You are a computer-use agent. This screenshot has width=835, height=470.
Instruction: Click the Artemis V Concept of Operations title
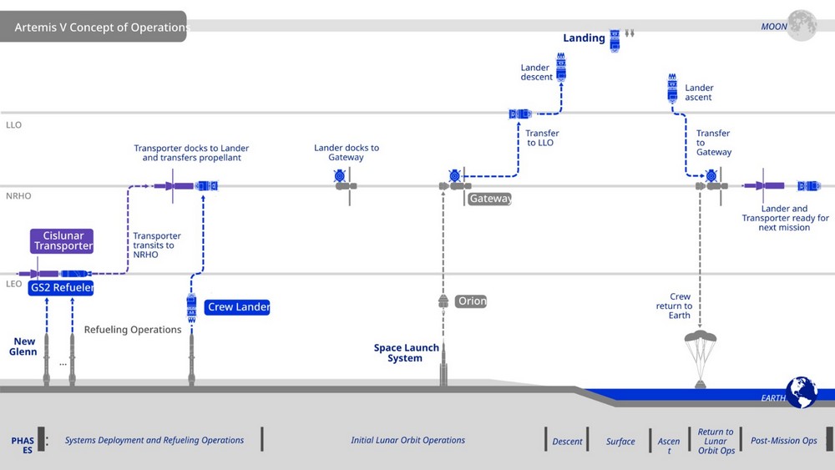pyautogui.click(x=101, y=28)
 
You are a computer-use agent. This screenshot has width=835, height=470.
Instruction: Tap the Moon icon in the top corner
pyautogui.click(x=802, y=25)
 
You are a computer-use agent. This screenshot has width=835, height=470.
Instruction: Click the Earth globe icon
pyautogui.click(x=802, y=392)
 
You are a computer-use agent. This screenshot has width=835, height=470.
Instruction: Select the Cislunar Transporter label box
pyautogui.click(x=63, y=241)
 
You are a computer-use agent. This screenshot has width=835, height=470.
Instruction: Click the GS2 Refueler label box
pyautogui.click(x=62, y=287)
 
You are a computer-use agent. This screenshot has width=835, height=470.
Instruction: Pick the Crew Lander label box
pyautogui.click(x=238, y=307)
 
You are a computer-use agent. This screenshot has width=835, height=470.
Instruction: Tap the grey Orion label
pyautogui.click(x=472, y=301)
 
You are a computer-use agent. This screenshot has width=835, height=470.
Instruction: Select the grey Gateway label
pyautogui.click(x=490, y=199)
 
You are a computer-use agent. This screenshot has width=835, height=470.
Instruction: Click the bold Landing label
pyautogui.click(x=584, y=38)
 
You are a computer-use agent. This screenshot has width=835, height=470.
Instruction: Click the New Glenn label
pyautogui.click(x=24, y=346)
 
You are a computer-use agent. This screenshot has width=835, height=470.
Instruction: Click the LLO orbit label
pyautogui.click(x=13, y=125)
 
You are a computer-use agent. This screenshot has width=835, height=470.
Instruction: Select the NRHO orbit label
pyautogui.click(x=18, y=196)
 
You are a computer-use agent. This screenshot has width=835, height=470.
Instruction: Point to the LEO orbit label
pyautogui.click(x=13, y=285)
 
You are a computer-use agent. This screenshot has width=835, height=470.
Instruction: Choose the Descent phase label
pyautogui.click(x=567, y=442)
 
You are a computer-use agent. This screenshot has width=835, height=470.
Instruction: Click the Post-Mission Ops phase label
pyautogui.click(x=783, y=441)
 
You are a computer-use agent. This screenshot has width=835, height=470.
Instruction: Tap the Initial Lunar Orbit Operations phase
pyautogui.click(x=407, y=441)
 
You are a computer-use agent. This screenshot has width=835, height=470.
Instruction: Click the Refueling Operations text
pyautogui.click(x=133, y=330)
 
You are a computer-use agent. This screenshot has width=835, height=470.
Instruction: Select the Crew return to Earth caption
pyautogui.click(x=680, y=306)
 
